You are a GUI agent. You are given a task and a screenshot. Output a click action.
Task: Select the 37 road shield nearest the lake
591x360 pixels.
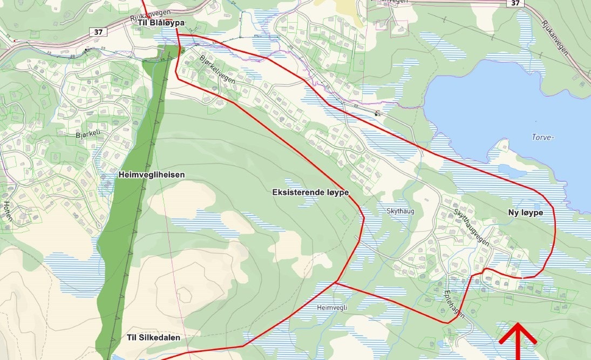[515, 3]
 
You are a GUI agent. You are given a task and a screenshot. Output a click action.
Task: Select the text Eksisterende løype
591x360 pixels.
[310, 192]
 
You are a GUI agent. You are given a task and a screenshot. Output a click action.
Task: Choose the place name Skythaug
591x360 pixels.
[400, 211]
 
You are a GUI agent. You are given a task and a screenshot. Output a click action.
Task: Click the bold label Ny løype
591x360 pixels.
[525, 213]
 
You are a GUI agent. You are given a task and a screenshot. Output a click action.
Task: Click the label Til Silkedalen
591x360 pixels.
[153, 337]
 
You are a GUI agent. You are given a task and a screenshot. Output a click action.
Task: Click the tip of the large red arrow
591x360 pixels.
[517, 324]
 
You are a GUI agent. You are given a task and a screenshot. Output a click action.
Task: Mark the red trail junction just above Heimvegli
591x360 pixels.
[336, 282]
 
